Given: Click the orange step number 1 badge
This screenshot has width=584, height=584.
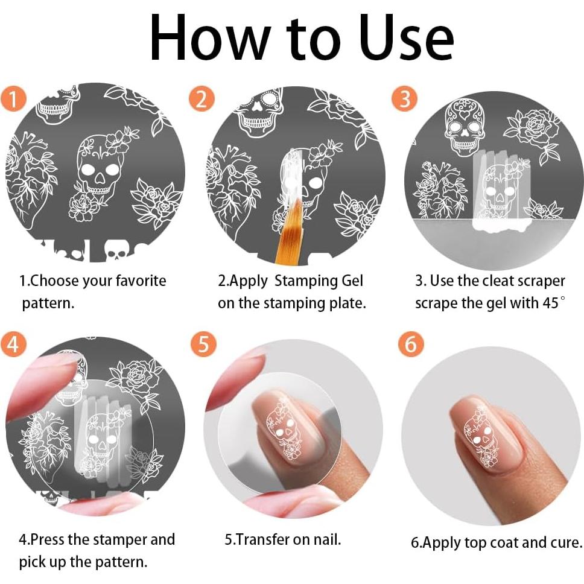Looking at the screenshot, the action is click(x=13, y=99).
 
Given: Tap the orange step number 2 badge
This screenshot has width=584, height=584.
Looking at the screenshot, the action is click(x=202, y=99).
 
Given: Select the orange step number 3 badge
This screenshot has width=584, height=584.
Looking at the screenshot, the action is click(x=404, y=99).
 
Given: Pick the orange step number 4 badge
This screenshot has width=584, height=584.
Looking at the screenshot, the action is click(x=13, y=343).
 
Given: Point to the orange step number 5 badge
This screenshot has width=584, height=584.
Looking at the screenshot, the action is click(x=203, y=343).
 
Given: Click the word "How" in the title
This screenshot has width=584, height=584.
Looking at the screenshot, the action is click(x=210, y=37).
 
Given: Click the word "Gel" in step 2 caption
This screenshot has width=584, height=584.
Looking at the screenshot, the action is click(x=352, y=281).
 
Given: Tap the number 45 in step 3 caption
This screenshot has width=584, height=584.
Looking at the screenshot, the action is click(x=550, y=303).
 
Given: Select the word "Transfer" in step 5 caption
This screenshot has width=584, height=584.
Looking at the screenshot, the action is click(x=262, y=539).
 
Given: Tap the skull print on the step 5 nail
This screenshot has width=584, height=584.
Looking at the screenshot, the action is click(x=284, y=428).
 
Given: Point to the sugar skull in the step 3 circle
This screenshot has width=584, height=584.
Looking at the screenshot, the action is click(x=465, y=127).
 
